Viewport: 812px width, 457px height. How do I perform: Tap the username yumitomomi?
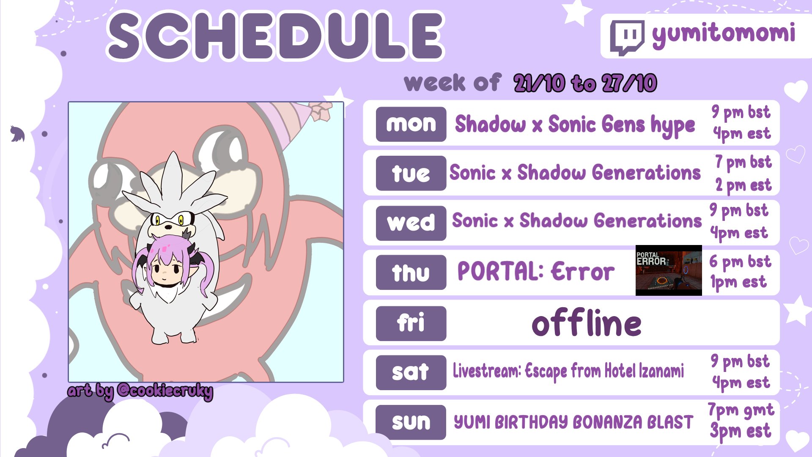tap(724, 34)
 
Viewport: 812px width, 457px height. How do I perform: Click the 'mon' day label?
tap(411, 124)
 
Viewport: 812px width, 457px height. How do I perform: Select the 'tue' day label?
tap(411, 173)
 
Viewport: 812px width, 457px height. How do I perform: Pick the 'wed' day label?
tap(411, 223)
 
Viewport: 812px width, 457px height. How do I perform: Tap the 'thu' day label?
tap(411, 273)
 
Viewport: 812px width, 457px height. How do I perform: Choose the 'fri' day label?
tap(411, 323)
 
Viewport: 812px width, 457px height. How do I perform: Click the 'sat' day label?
tap(411, 372)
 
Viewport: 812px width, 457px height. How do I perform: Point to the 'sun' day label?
tap(411, 422)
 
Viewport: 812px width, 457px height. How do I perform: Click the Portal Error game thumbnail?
tap(669, 270)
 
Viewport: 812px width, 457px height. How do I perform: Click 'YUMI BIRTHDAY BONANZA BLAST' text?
tap(573, 422)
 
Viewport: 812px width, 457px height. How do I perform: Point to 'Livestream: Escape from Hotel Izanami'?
tap(568, 371)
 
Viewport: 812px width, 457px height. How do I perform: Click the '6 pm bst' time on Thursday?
tap(740, 262)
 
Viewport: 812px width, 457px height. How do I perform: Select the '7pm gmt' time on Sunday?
tap(741, 410)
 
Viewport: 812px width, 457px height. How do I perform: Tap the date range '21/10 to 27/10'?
tap(585, 83)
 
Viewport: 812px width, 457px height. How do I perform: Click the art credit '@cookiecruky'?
tap(165, 391)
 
